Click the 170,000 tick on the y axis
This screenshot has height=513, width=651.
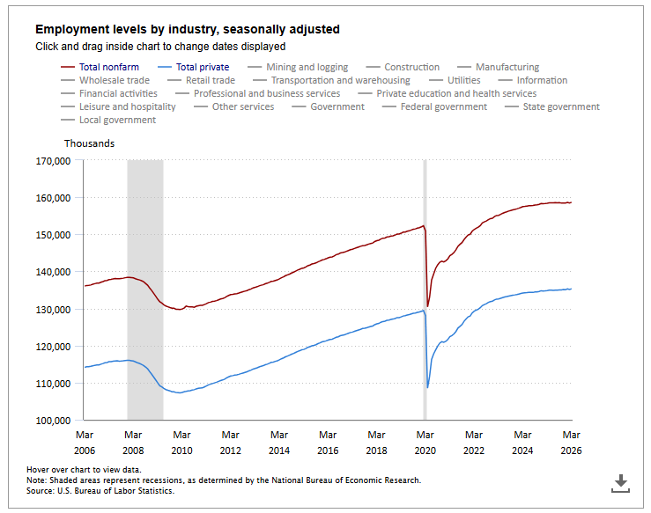[x=52, y=161]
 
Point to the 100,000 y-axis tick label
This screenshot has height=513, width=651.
[x=52, y=421]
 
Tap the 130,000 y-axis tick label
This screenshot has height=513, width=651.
[x=52, y=310]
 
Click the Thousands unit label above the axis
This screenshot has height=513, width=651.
[x=89, y=143]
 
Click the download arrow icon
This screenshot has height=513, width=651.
[x=621, y=482]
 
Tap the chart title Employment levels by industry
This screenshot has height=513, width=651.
[x=187, y=29]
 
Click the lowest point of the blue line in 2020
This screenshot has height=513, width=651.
[x=427, y=387]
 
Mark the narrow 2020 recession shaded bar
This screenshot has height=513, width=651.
[x=425, y=290]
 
